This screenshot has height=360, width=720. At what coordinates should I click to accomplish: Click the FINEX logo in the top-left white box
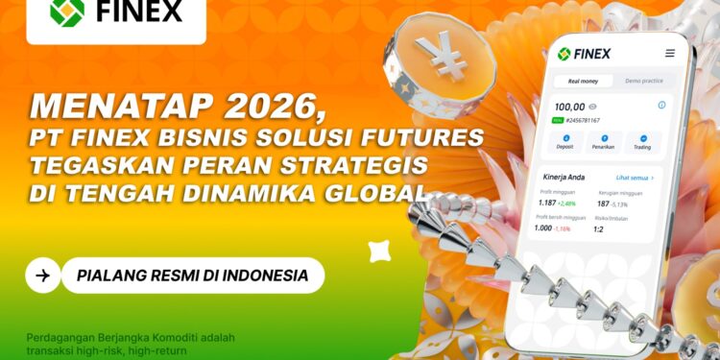point(116,14)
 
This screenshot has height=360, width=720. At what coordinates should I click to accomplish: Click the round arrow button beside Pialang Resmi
point(42,276)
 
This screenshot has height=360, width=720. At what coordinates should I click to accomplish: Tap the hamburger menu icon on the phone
point(669,54)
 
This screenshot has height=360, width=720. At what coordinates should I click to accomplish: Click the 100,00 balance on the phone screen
point(569,107)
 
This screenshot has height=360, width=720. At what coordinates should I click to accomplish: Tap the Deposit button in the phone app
point(565,143)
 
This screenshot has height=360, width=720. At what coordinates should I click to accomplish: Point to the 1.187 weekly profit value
point(547,204)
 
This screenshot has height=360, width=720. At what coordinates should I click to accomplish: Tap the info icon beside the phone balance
point(661,106)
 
